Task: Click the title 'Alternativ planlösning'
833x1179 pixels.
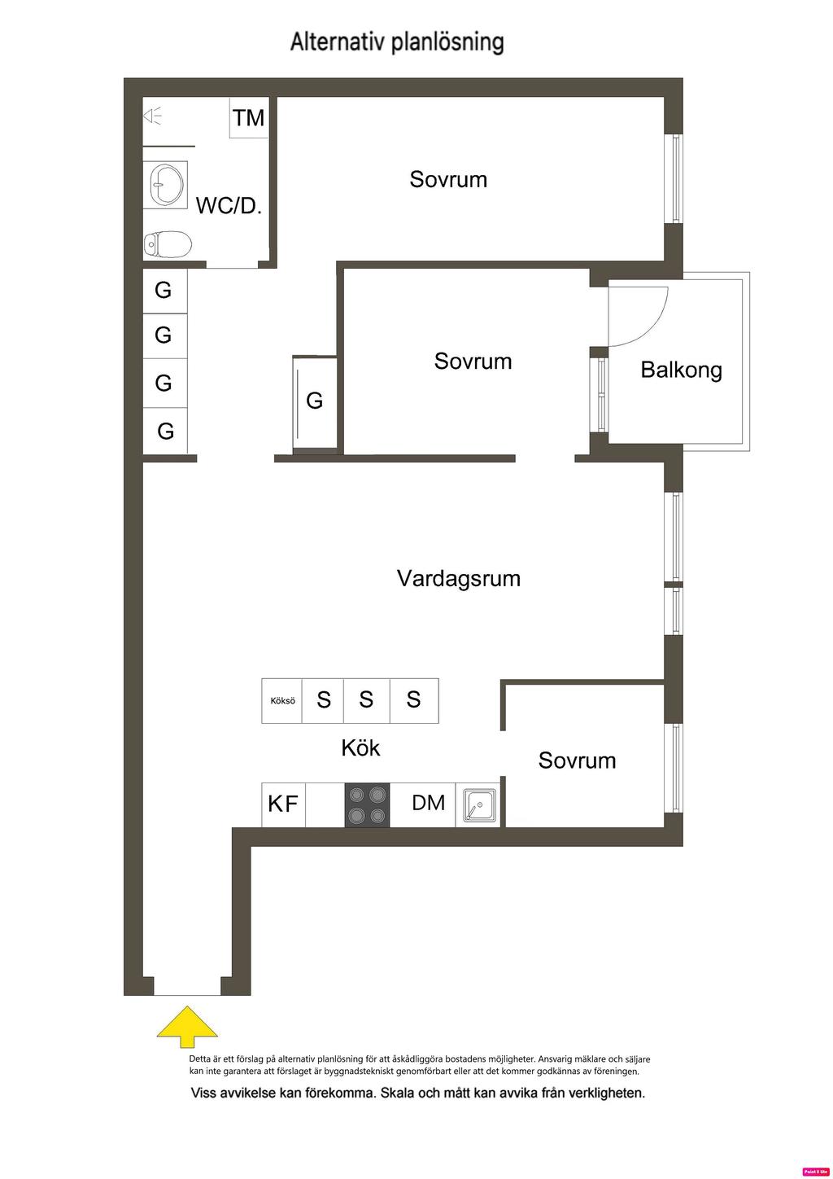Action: pos(397,43)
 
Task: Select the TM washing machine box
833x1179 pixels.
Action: pos(249,118)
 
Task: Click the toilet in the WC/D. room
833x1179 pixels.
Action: pos(168,244)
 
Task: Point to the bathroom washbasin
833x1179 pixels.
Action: pos(166,184)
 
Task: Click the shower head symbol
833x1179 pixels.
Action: pos(152,116)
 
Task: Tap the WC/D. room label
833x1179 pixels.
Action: pos(229,206)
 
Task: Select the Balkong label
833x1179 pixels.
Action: pos(681,370)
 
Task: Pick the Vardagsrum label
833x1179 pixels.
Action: pos(459,578)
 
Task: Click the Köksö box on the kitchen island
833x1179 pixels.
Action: pos(282,700)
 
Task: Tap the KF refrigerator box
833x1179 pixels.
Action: pos(283,804)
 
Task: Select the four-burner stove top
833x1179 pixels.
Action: pos(367,804)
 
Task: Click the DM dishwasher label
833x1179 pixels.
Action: pos(428,803)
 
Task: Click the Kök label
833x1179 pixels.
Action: pos(360,748)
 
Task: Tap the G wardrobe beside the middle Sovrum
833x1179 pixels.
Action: pos(315,403)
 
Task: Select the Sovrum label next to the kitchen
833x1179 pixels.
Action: pos(577,760)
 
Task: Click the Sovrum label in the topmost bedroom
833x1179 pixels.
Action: pos(448,179)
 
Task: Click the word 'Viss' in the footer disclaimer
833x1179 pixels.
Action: pos(203,1094)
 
